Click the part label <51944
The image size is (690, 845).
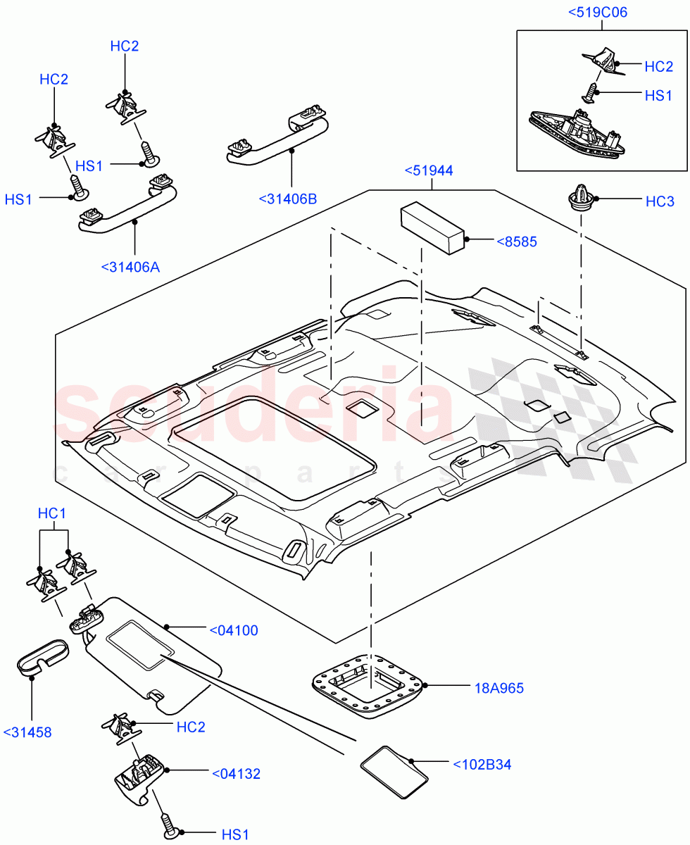click(x=428, y=170)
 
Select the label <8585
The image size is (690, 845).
click(x=517, y=242)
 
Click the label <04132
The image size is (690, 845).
click(x=236, y=774)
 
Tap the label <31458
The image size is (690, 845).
click(x=27, y=732)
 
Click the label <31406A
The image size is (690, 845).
click(x=130, y=267)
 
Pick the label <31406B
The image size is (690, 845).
click(x=287, y=199)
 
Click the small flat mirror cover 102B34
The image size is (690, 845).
click(x=394, y=772)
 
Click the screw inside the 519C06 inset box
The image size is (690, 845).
click(x=593, y=92)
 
